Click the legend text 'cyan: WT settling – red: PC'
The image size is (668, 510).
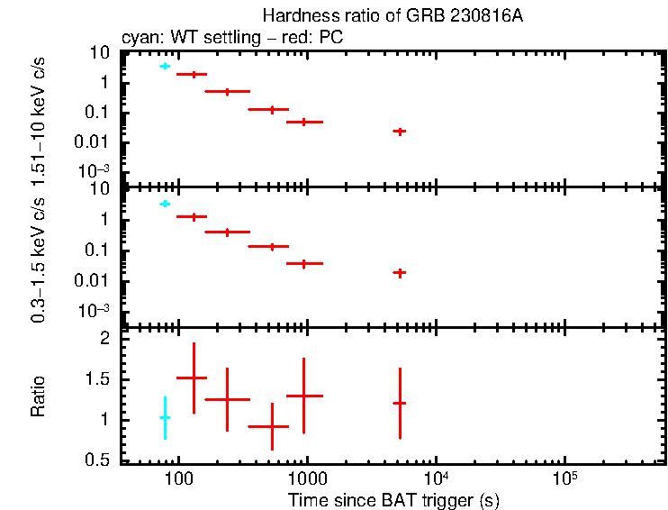pos(231,39)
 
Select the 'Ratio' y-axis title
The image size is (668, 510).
pos(38,396)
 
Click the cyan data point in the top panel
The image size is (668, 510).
pos(165,66)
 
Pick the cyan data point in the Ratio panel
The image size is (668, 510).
pos(165,418)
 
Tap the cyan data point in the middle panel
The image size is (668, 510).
pos(165,204)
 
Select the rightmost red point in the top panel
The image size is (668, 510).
pos(400,131)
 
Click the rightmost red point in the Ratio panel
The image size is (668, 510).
pos(400,403)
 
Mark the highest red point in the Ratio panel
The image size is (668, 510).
pos(193,378)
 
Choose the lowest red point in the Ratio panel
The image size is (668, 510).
pos(272,426)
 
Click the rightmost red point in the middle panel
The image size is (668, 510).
pos(400,272)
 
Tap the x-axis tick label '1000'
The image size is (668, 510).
pos(307,478)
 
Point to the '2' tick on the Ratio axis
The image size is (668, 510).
pos(104,339)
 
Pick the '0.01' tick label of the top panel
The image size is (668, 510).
pos(95,141)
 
